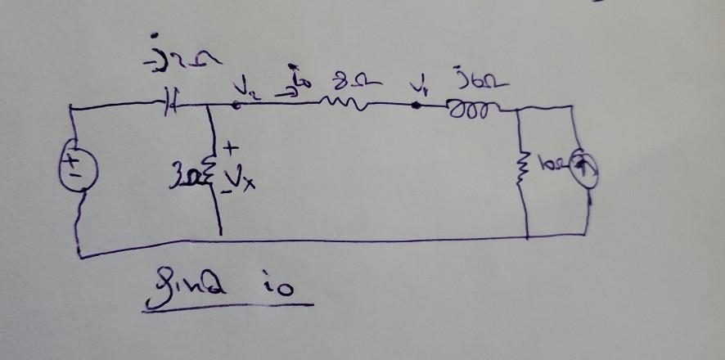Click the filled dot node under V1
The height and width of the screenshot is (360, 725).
pos(417,106)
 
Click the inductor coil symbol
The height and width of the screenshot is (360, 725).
pos(469,107)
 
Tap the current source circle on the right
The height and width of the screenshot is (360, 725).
pos(585,169)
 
